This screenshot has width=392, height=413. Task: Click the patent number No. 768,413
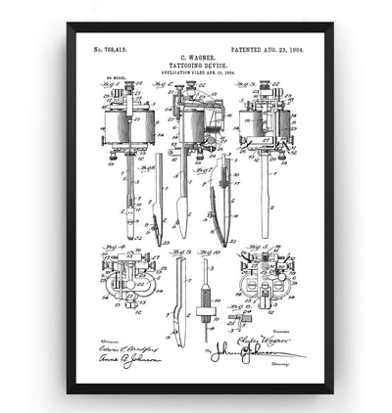(x=114, y=48)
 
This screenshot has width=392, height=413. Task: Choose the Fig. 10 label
(x=206, y=253)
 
